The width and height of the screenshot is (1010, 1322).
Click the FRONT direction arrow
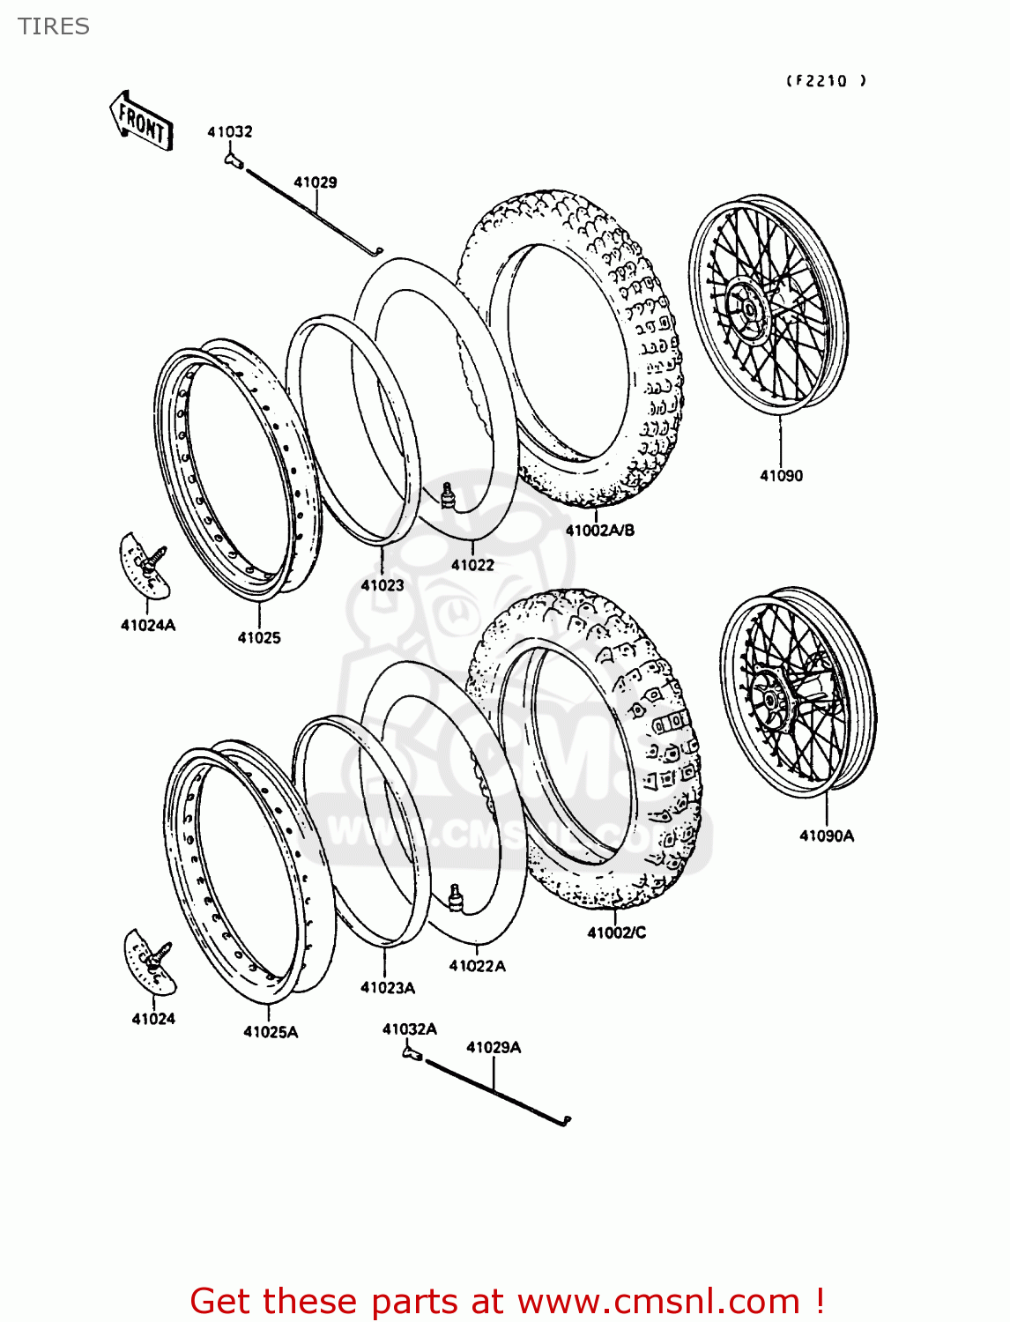141,121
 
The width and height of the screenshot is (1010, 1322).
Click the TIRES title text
54,26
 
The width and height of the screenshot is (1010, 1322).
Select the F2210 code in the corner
826,81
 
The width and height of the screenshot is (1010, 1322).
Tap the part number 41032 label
230,132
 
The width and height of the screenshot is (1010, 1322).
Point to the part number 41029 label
315,182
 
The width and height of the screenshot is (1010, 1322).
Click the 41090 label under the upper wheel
781,476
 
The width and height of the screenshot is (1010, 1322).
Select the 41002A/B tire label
599,531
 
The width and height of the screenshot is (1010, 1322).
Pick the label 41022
472,565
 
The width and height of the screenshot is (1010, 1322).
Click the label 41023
382,585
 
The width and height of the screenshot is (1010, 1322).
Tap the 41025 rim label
259,638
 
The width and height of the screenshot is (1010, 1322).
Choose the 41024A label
148,626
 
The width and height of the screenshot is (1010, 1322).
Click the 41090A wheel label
826,836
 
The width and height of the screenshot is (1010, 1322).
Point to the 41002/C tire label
616,932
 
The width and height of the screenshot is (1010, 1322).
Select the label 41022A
477,966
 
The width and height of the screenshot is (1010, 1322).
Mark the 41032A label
409,1029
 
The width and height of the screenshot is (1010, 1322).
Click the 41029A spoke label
493,1048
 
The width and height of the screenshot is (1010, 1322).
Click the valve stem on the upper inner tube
448,495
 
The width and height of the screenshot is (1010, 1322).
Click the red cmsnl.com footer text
507,1301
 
